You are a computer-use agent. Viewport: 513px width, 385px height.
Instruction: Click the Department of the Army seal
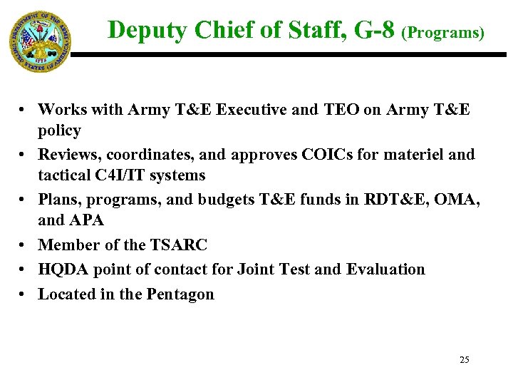[40, 41]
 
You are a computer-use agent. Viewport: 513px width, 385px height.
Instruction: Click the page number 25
[465, 360]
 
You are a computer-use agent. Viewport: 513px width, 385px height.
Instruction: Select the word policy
[60, 131]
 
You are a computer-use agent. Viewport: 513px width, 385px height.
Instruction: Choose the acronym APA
[87, 221]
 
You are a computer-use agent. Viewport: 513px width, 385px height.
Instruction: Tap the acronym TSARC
[179, 245]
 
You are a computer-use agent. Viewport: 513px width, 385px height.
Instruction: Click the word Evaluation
[385, 269]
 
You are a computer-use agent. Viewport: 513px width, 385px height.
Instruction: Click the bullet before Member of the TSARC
[24, 245]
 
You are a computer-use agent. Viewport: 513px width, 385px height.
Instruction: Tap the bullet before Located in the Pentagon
[24, 294]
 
